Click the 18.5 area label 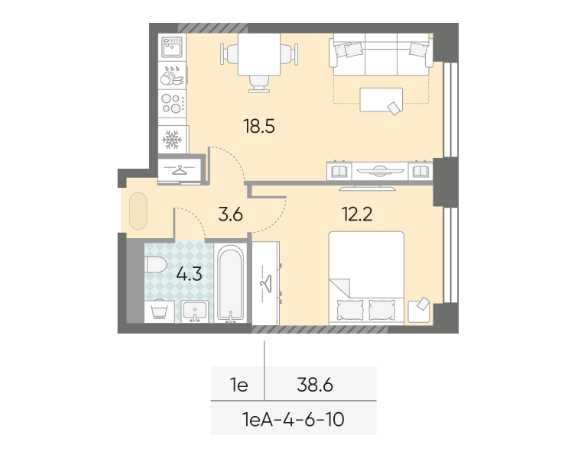(x=259, y=126)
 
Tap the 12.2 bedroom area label (x=357, y=214)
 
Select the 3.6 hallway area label (x=230, y=214)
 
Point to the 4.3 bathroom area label (x=189, y=274)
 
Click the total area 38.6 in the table (x=315, y=385)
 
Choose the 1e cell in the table (x=239, y=385)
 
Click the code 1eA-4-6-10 (x=294, y=420)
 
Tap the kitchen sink (x=172, y=47)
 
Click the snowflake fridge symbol (x=172, y=140)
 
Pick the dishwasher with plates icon (x=172, y=76)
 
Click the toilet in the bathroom (x=156, y=265)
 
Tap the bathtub (x=230, y=282)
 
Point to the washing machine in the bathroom (x=159, y=311)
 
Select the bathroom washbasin (x=194, y=311)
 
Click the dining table (x=259, y=54)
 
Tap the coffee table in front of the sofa (x=381, y=99)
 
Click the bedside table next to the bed (x=419, y=312)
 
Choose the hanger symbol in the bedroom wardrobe (x=266, y=284)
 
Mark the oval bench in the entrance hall (x=138, y=211)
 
